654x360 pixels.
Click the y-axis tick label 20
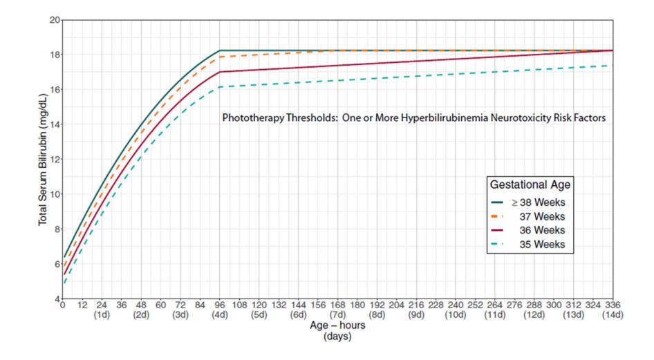click(55, 20)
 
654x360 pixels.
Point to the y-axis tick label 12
click(55, 160)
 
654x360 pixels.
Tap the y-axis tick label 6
click(57, 264)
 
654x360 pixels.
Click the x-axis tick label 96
click(220, 305)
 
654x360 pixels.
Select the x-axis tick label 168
click(337, 305)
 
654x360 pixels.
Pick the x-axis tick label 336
click(613, 305)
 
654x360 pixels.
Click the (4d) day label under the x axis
click(220, 314)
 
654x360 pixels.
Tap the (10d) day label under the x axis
click(456, 314)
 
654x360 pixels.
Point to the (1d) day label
click(102, 314)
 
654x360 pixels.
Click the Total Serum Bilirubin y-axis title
click(43, 160)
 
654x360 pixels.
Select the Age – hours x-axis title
click(337, 325)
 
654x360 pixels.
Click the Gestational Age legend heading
click(530, 184)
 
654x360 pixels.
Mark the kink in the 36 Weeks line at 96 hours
click(220, 72)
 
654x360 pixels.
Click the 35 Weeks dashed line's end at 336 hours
click(613, 66)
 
